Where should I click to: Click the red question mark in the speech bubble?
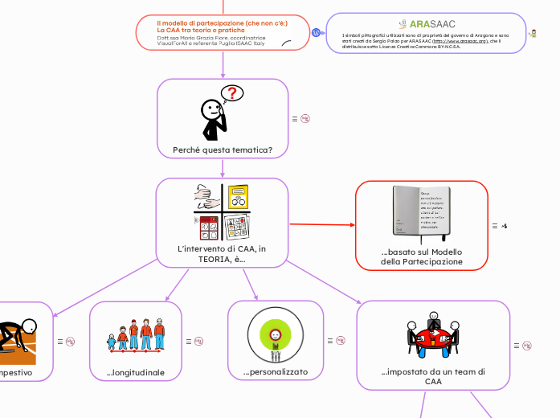pyautogui.click(x=232, y=93)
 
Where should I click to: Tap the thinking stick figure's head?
pyautogui.click(x=211, y=109)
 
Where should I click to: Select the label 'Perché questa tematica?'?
pyautogui.click(x=223, y=150)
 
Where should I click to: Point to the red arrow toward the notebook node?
pyautogui.click(x=321, y=224)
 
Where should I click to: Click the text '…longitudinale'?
pyautogui.click(x=136, y=372)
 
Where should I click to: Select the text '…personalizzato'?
pyautogui.click(x=275, y=372)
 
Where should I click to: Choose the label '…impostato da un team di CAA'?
pyautogui.click(x=433, y=377)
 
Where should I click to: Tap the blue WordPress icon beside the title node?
pyautogui.click(x=317, y=33)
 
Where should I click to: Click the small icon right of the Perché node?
pyautogui.click(x=305, y=119)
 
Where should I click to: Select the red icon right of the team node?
pyautogui.click(x=527, y=346)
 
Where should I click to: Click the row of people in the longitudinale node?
pyautogui.click(x=136, y=336)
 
